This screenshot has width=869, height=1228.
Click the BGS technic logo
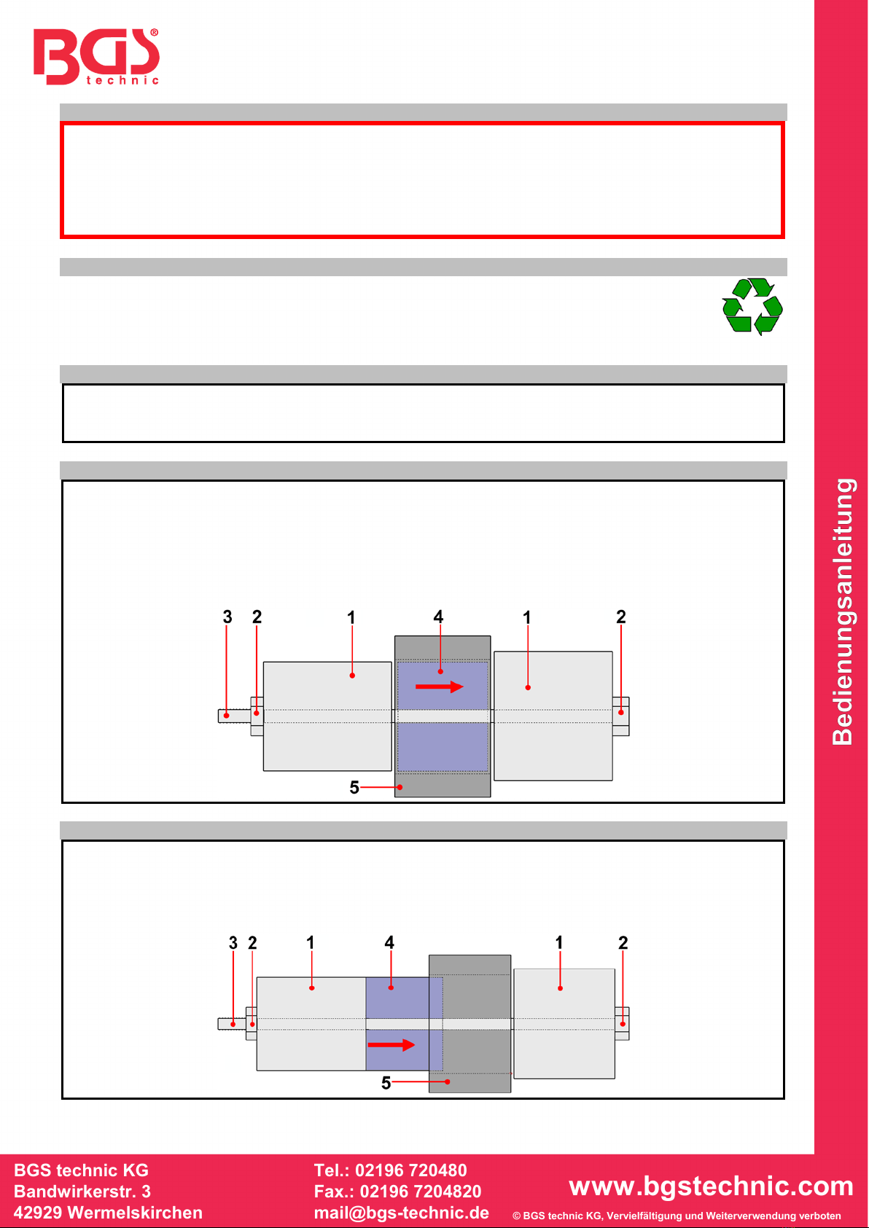coord(96,56)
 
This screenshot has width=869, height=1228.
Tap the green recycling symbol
coord(752,306)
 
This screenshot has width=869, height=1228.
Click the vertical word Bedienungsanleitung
coord(843,611)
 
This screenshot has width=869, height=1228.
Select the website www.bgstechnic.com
coord(711,1186)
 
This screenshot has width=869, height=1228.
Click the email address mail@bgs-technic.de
coord(402,1213)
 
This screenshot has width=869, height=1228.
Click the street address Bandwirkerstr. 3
coord(82,1192)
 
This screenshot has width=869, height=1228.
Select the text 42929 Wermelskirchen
coord(108,1213)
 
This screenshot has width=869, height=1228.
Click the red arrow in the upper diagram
coord(440,687)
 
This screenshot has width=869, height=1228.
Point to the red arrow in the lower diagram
coord(391,1045)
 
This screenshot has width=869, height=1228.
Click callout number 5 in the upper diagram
coord(354,787)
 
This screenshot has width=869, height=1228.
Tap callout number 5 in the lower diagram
coord(386,1083)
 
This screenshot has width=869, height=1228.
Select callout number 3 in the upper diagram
coord(227,617)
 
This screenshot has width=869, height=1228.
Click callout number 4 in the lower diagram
coord(389,942)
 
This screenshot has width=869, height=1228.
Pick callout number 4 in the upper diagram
coord(438,617)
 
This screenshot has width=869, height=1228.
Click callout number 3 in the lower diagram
coord(233,943)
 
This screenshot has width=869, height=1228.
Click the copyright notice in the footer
coord(677,1216)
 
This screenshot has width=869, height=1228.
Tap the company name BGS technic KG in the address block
coord(81,1170)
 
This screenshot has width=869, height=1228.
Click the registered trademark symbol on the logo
coord(154,33)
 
